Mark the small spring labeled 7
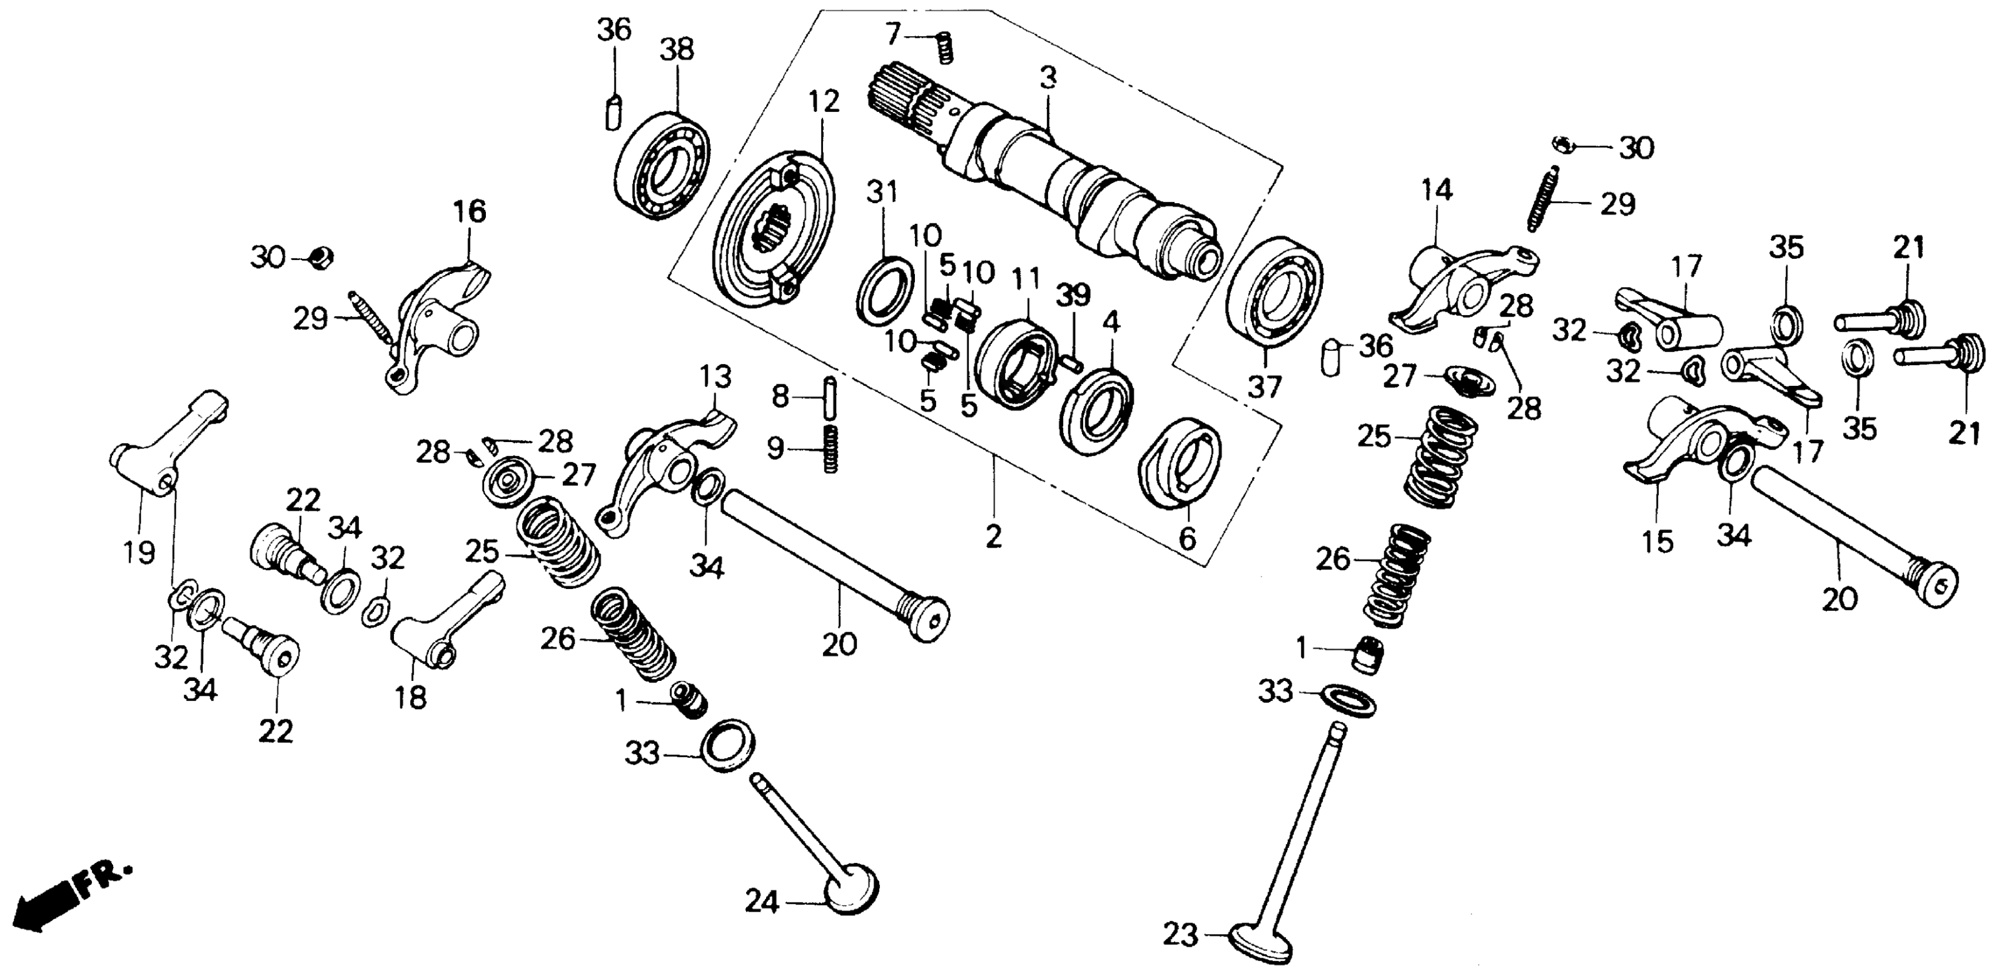pyautogui.click(x=944, y=48)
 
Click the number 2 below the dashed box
pyautogui.click(x=993, y=536)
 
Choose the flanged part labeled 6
pyautogui.click(x=1182, y=463)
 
